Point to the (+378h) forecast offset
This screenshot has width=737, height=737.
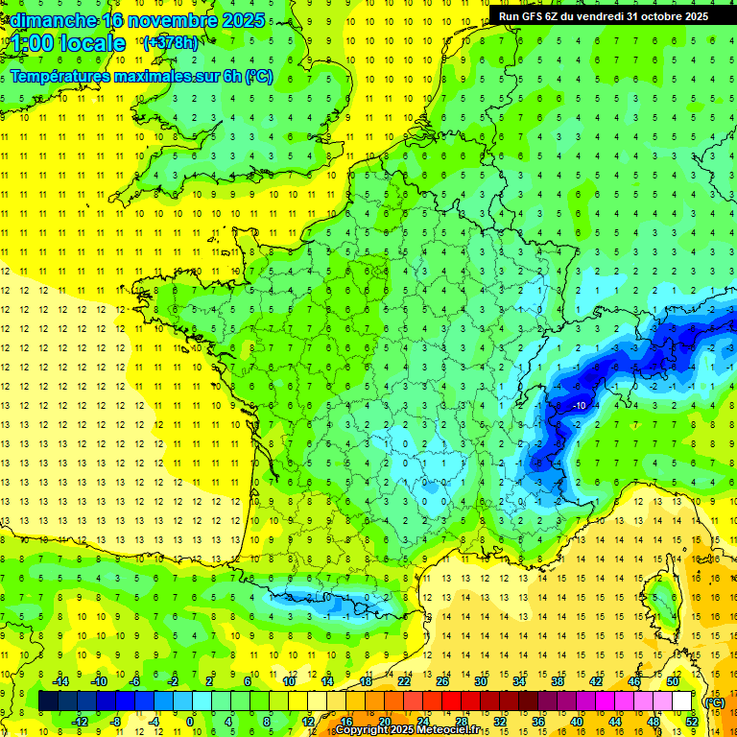point(170,43)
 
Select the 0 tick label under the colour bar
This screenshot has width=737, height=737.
point(190,722)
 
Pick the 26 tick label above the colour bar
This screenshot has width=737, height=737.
point(441,681)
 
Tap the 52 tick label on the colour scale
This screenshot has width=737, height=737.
point(691,722)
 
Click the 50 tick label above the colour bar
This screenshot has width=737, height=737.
point(672,681)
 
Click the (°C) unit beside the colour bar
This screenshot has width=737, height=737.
point(714,702)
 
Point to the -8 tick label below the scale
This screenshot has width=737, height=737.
point(115,722)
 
